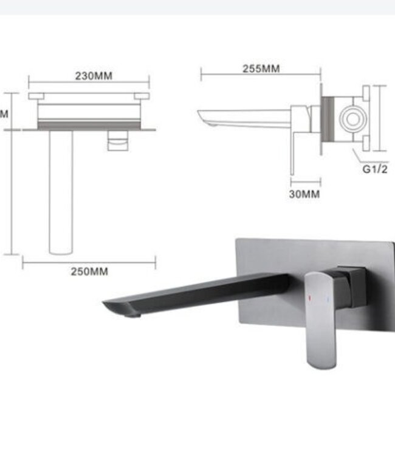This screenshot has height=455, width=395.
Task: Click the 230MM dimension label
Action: coord(94,76)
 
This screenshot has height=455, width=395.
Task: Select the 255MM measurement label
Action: coord(261,69)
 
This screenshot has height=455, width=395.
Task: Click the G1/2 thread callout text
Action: coord(375,169)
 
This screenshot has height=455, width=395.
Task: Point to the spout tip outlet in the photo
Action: coord(131,313)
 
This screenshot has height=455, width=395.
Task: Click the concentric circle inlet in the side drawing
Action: coord(352,118)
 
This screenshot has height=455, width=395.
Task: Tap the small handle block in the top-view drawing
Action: coord(118,143)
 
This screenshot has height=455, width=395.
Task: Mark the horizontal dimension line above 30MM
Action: coord(305,181)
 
